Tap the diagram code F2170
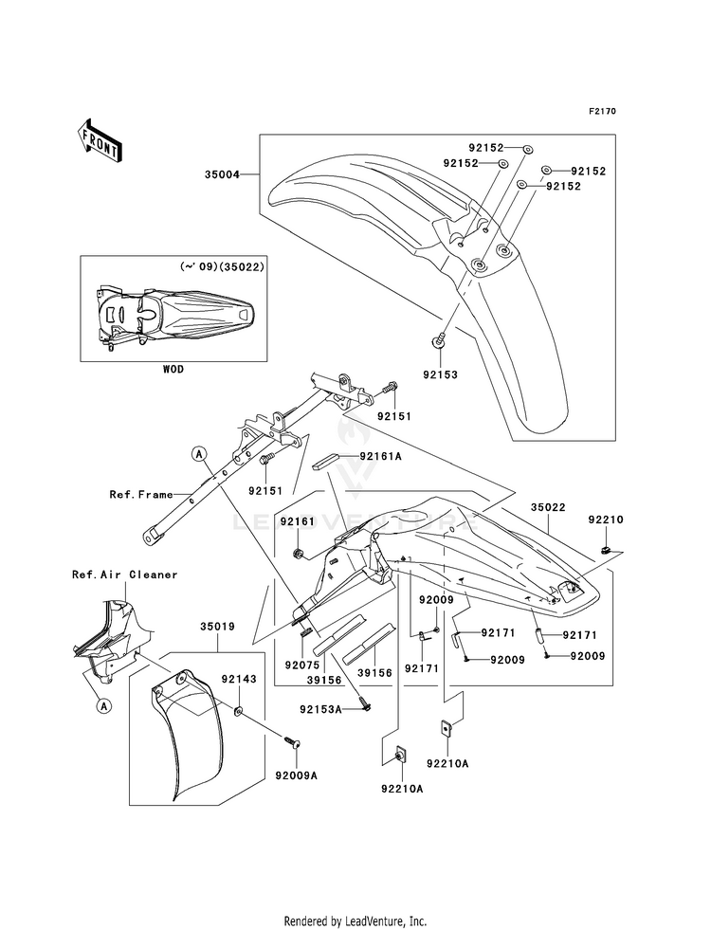pyautogui.click(x=602, y=112)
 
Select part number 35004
pyautogui.click(x=220, y=175)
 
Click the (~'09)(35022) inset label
pyautogui.click(x=222, y=267)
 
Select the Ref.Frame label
pyautogui.click(x=140, y=494)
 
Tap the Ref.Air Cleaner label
pyautogui.click(x=124, y=574)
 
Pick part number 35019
pyautogui.click(x=218, y=627)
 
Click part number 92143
pyautogui.click(x=239, y=679)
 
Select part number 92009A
pyautogui.click(x=296, y=775)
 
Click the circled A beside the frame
pyautogui.click(x=199, y=453)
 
